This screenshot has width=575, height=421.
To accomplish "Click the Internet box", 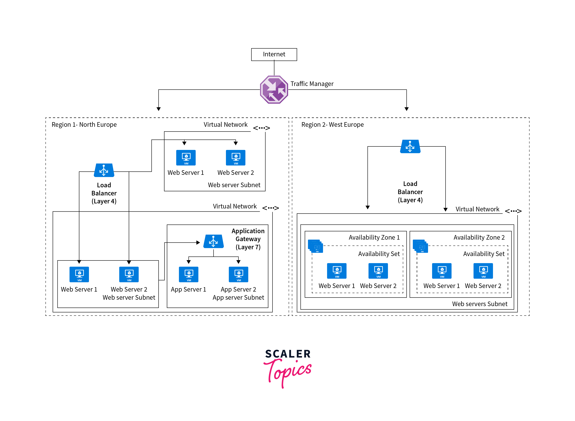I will pyautogui.click(x=274, y=54).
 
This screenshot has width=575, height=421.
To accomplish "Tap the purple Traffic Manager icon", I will pyautogui.click(x=274, y=90).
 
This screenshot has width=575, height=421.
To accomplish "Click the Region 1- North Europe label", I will pyautogui.click(x=84, y=125).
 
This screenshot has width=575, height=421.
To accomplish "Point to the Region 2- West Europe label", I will pyautogui.click(x=332, y=125).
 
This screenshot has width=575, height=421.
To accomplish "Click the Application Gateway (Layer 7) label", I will pyautogui.click(x=248, y=239).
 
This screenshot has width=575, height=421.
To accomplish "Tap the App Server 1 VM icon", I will pyautogui.click(x=189, y=274).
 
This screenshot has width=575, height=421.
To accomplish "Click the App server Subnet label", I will pyautogui.click(x=238, y=297).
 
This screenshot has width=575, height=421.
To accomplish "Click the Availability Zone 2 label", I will pyautogui.click(x=479, y=238).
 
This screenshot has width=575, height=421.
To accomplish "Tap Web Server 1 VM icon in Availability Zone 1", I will pyautogui.click(x=337, y=271).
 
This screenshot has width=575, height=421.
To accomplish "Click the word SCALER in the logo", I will pyautogui.click(x=288, y=354).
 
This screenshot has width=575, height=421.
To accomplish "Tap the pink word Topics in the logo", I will pyautogui.click(x=288, y=371).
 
